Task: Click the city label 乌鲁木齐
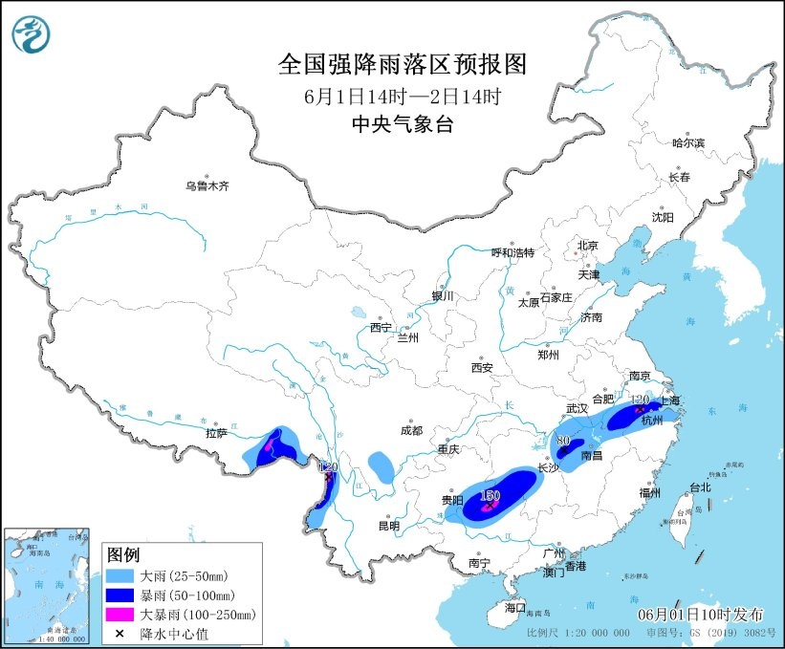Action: pyautogui.click(x=207, y=186)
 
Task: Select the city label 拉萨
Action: pyautogui.click(x=216, y=432)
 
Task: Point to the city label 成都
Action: pyautogui.click(x=412, y=430)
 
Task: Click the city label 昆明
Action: pyautogui.click(x=388, y=525)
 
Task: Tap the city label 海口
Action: pyautogui.click(x=515, y=607)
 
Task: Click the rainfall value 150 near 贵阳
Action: pyautogui.click(x=491, y=495)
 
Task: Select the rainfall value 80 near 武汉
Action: pyautogui.click(x=563, y=441)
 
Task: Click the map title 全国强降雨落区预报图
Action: pyautogui.click(x=402, y=64)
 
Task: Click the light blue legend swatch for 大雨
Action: pyautogui.click(x=121, y=577)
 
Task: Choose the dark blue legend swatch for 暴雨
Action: pyautogui.click(x=121, y=595)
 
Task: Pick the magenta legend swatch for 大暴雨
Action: pyautogui.click(x=121, y=615)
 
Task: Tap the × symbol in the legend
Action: pyautogui.click(x=120, y=633)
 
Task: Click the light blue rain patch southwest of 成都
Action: pyautogui.click(x=381, y=466)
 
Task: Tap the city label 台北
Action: pyautogui.click(x=700, y=487)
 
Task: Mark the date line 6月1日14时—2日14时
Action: pyautogui.click(x=402, y=96)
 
